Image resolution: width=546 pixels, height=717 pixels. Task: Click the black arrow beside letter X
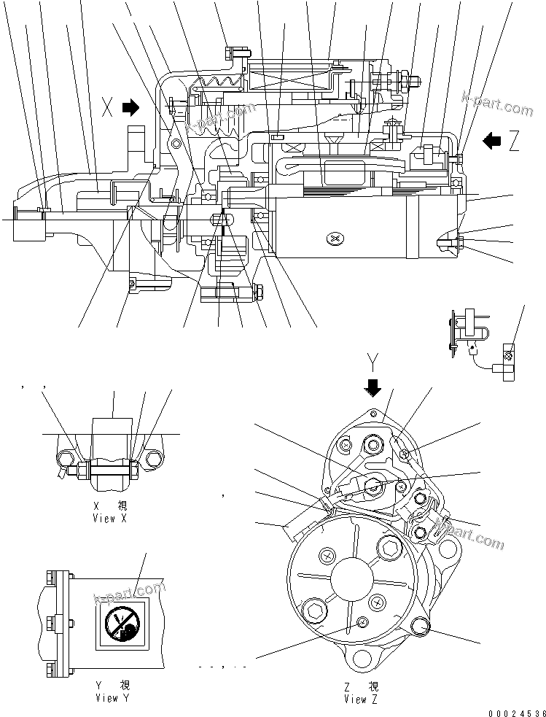pos(130,109)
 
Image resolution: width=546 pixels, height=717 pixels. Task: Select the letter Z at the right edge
pos(514,141)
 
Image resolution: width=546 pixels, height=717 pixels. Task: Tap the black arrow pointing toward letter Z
pos(492,141)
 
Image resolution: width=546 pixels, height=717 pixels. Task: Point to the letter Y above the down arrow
pos(373,360)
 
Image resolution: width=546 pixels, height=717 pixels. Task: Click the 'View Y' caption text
pos(106,698)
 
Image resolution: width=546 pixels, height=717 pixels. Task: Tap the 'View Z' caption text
pos(361,699)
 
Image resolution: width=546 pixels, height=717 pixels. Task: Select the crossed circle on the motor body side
pos(335,239)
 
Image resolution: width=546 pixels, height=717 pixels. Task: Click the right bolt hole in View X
pos(153,460)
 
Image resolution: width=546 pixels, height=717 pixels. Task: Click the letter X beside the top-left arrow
pos(108,109)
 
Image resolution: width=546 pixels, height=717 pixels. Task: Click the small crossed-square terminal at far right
pos(508,357)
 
